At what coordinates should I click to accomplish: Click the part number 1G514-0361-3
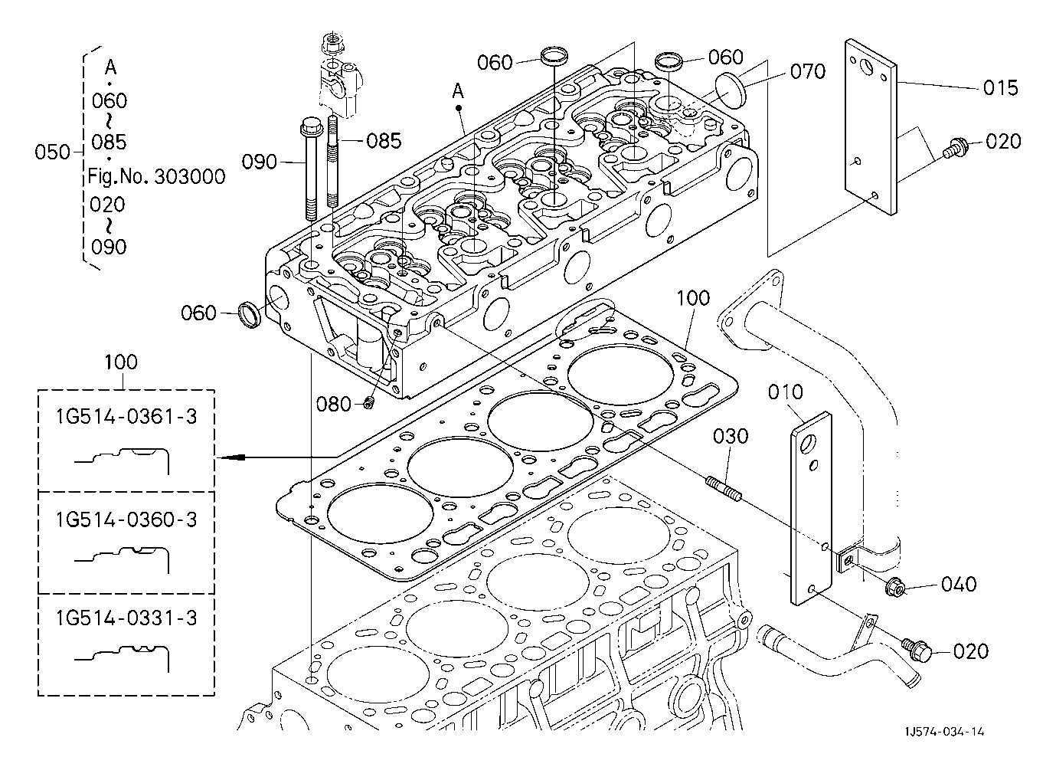pyautogui.click(x=126, y=417)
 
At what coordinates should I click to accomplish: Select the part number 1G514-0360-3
pyautogui.click(x=126, y=520)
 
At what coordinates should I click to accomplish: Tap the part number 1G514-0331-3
pyautogui.click(x=126, y=618)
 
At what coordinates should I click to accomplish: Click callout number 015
pyautogui.click(x=1001, y=88)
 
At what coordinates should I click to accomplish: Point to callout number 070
pyautogui.click(x=808, y=71)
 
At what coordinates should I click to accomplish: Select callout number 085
pyautogui.click(x=384, y=140)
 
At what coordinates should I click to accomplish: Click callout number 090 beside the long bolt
pyautogui.click(x=260, y=162)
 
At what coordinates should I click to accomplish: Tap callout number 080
pyautogui.click(x=333, y=404)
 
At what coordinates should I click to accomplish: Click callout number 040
pyautogui.click(x=960, y=584)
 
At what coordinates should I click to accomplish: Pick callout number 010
pyautogui.click(x=786, y=393)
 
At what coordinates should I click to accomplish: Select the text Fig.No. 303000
pyautogui.click(x=157, y=178)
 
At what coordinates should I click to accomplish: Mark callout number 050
pyautogui.click(x=52, y=152)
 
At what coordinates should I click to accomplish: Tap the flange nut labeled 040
pyautogui.click(x=895, y=588)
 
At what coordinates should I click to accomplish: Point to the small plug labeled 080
pyautogui.click(x=368, y=402)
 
